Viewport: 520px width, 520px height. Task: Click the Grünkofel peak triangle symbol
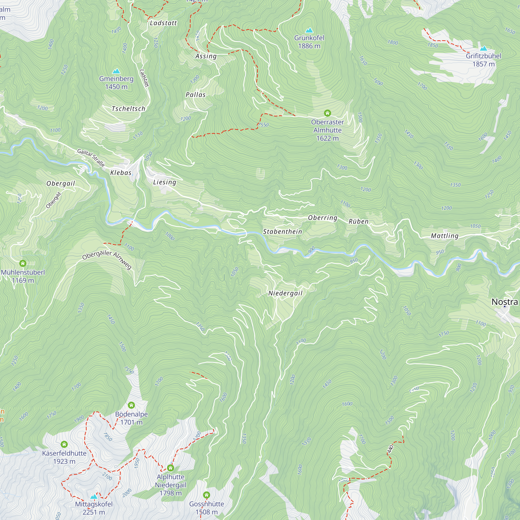click(x=309, y=30)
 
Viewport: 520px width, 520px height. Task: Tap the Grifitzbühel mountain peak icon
click(x=484, y=48)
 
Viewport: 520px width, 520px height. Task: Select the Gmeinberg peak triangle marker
click(x=116, y=71)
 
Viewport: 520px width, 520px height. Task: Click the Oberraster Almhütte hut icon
click(x=327, y=113)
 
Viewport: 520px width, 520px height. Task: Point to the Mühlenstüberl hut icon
click(x=23, y=263)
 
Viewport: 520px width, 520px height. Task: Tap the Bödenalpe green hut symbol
click(x=131, y=405)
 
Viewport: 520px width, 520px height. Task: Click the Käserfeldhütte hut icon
click(x=64, y=444)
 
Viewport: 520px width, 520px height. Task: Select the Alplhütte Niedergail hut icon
click(x=170, y=468)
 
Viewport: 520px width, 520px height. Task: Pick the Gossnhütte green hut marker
click(x=206, y=495)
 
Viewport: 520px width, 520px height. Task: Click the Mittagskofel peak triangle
click(x=94, y=497)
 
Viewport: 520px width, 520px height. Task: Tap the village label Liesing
click(x=165, y=182)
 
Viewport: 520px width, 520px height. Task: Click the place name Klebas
click(x=121, y=173)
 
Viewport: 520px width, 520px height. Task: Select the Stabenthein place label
click(x=282, y=231)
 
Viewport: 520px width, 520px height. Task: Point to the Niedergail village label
click(x=285, y=293)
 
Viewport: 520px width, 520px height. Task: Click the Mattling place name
click(x=445, y=236)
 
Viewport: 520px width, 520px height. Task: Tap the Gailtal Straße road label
click(x=91, y=158)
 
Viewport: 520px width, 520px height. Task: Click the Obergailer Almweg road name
click(x=107, y=259)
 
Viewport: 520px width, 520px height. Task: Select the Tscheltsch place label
click(x=128, y=109)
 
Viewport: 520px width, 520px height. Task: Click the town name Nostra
click(x=504, y=302)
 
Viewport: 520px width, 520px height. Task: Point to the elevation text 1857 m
click(x=483, y=64)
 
